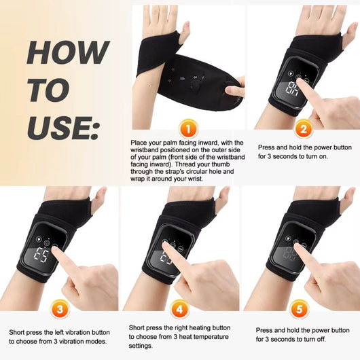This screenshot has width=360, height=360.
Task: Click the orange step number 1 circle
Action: (187, 128)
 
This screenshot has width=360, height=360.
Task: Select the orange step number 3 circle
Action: (60, 310)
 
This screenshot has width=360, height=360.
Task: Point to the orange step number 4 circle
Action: (180, 310)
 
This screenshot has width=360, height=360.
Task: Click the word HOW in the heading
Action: (67, 53)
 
